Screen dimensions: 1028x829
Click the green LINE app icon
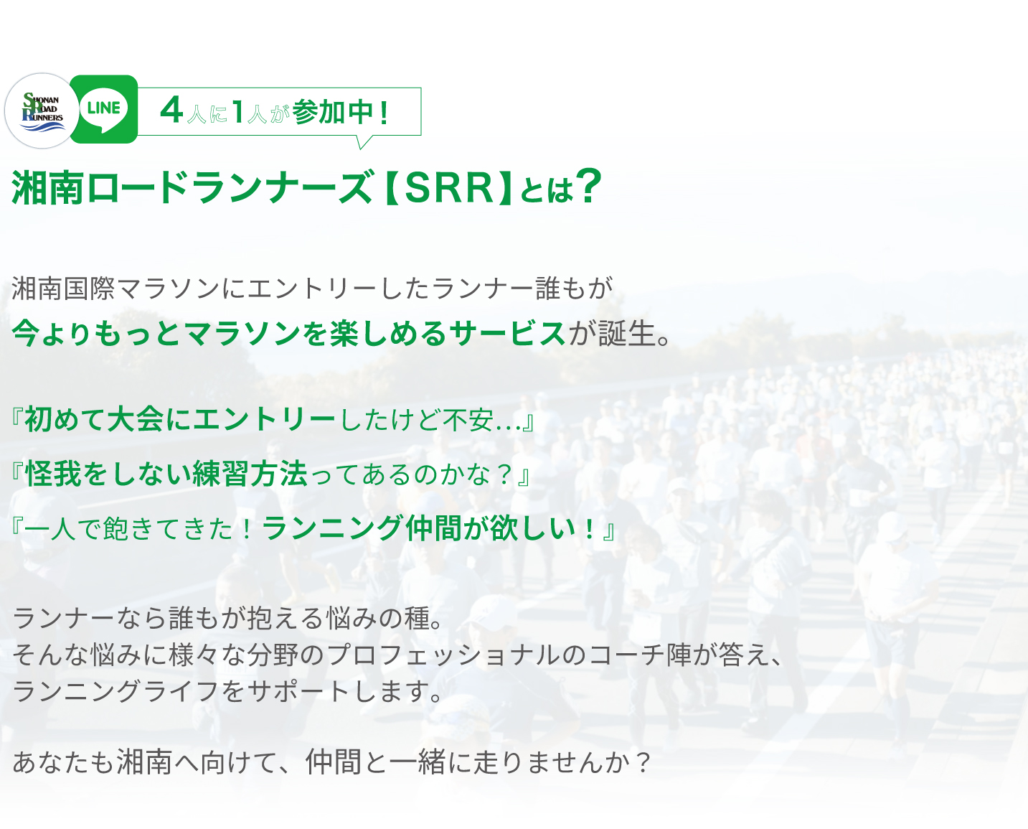click(103, 109)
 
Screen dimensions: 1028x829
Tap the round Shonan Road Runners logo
click(42, 111)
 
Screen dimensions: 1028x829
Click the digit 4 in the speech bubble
click(171, 111)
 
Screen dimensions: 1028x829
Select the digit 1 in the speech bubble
click(237, 111)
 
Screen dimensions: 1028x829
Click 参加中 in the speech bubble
click(332, 111)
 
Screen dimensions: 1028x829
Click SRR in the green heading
click(449, 188)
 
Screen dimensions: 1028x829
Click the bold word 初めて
click(65, 419)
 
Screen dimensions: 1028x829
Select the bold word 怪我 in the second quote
click(53, 474)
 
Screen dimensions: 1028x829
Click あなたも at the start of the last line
click(62, 762)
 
